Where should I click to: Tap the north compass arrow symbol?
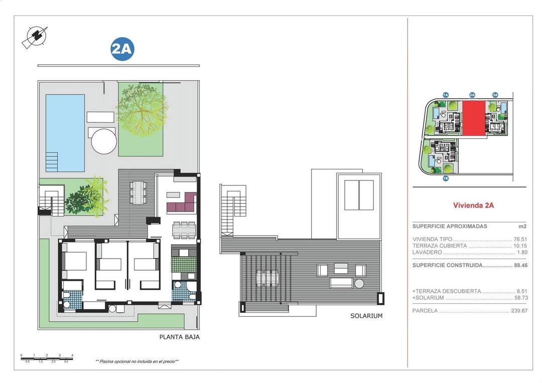click(x=35, y=36)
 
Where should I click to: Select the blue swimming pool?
click(x=65, y=132)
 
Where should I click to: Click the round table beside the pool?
click(x=104, y=141)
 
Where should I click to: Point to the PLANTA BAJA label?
click(x=179, y=337)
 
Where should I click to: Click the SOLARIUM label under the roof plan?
click(x=366, y=316)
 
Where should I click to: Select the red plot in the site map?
click(x=473, y=118)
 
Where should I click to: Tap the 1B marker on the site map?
click(x=445, y=178)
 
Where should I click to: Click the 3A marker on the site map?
click(x=495, y=95)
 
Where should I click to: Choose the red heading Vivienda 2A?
click(x=473, y=205)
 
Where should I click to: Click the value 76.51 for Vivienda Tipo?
click(x=520, y=239)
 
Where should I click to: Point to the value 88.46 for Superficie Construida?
click(x=520, y=265)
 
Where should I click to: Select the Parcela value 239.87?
click(x=518, y=311)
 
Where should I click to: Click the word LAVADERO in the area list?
click(x=427, y=252)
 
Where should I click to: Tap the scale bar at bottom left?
click(x=47, y=358)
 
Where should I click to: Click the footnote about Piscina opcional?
click(x=137, y=361)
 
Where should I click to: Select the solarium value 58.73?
click(x=520, y=298)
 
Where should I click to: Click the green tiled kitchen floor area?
click(x=179, y=264)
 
